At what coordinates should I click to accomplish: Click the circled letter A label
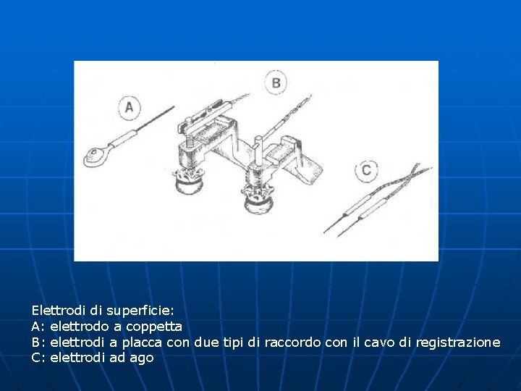click(x=129, y=109)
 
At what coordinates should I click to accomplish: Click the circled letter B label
click(x=276, y=83)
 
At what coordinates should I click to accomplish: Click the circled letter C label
click(x=367, y=171)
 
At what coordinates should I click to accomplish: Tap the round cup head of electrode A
click(x=95, y=155)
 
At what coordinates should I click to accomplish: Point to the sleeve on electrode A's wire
click(x=132, y=134)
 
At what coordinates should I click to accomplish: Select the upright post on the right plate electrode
click(x=258, y=148)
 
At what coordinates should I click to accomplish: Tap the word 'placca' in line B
click(x=142, y=342)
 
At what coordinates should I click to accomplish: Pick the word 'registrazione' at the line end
click(x=457, y=342)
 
